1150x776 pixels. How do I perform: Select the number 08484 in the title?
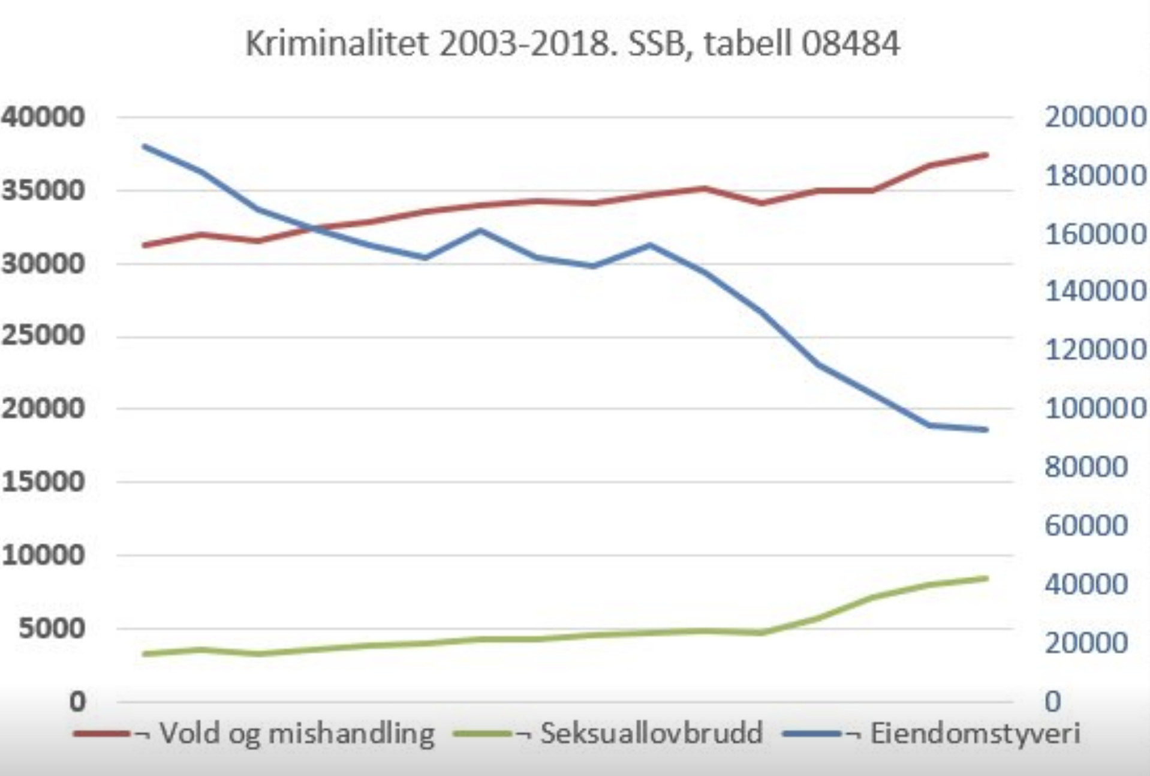(x=850, y=43)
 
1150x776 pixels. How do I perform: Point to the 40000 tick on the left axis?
(x=43, y=116)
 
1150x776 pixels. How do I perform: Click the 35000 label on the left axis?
(x=43, y=190)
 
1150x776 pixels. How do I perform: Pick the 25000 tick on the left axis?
(x=43, y=336)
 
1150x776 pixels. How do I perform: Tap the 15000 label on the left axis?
(x=43, y=482)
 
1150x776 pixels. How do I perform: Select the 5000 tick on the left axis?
(x=52, y=628)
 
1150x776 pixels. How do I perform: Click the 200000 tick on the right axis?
(x=1095, y=116)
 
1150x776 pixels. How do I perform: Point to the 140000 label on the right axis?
(x=1095, y=291)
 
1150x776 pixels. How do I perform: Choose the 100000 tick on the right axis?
(x=1095, y=408)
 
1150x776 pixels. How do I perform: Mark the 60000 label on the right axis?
(x=1086, y=525)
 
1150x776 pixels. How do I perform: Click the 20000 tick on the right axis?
(x=1086, y=643)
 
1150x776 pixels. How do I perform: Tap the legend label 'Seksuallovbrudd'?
(x=651, y=733)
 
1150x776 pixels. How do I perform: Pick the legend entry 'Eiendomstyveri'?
(x=975, y=733)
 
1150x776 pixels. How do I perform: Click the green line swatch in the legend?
(x=483, y=733)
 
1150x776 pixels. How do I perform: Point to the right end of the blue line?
(x=986, y=429)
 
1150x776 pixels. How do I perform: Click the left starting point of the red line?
(x=144, y=245)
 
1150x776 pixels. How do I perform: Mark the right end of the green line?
(x=986, y=578)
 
